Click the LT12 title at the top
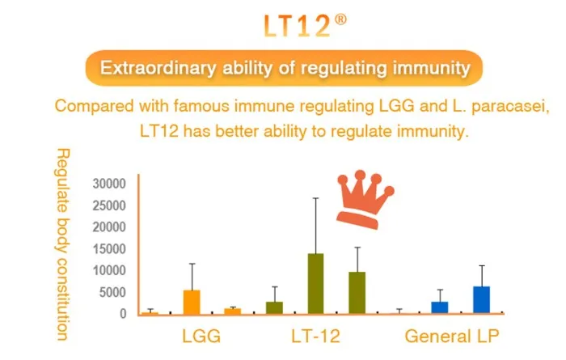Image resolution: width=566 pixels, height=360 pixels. pos(297,26)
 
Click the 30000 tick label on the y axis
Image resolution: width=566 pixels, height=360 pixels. pos(110,183)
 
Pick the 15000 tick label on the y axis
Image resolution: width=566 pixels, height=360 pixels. pos(110,248)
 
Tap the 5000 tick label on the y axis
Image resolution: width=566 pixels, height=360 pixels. pos(113,292)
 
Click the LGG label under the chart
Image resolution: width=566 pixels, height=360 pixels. pos(200,335)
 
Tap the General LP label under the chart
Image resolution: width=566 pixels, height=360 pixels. pos(452,335)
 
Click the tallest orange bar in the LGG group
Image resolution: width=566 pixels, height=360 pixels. pos(192,301)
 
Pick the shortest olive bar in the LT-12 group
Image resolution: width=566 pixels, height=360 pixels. pos(274,307)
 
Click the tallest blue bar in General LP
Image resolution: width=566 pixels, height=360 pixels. pos(481,299)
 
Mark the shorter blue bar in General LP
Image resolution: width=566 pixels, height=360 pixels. pos(439,307)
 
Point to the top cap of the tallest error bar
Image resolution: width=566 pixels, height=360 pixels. pos(315,198)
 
